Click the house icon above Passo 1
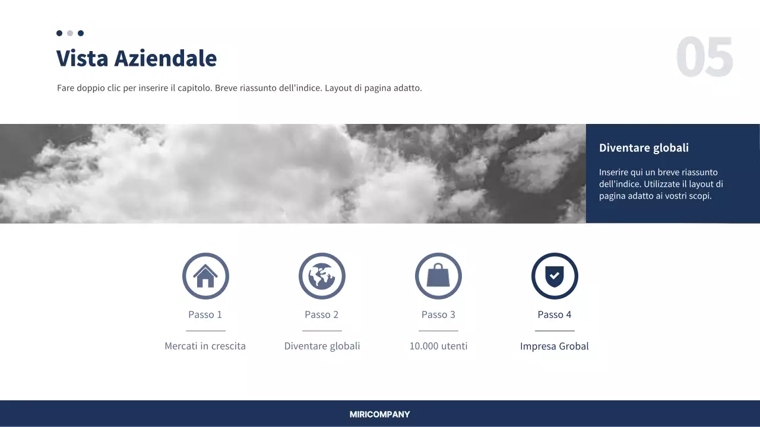tap(205, 276)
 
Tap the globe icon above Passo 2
tap(322, 276)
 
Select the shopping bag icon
tap(438, 276)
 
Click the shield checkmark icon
tap(555, 276)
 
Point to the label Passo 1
tap(205, 314)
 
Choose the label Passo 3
tap(438, 314)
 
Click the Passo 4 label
tap(555, 314)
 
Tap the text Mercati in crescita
tap(205, 346)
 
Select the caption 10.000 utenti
tap(438, 346)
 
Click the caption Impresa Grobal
tap(555, 346)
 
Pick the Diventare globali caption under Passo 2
tap(322, 346)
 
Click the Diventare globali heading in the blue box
tap(644, 148)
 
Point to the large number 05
tap(705, 58)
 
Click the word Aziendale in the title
tap(165, 58)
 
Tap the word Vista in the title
tap(82, 58)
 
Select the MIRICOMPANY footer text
tap(380, 415)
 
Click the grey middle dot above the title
tap(70, 33)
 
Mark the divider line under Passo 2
tap(322, 330)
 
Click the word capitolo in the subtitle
tap(194, 88)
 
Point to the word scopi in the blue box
tap(699, 196)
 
